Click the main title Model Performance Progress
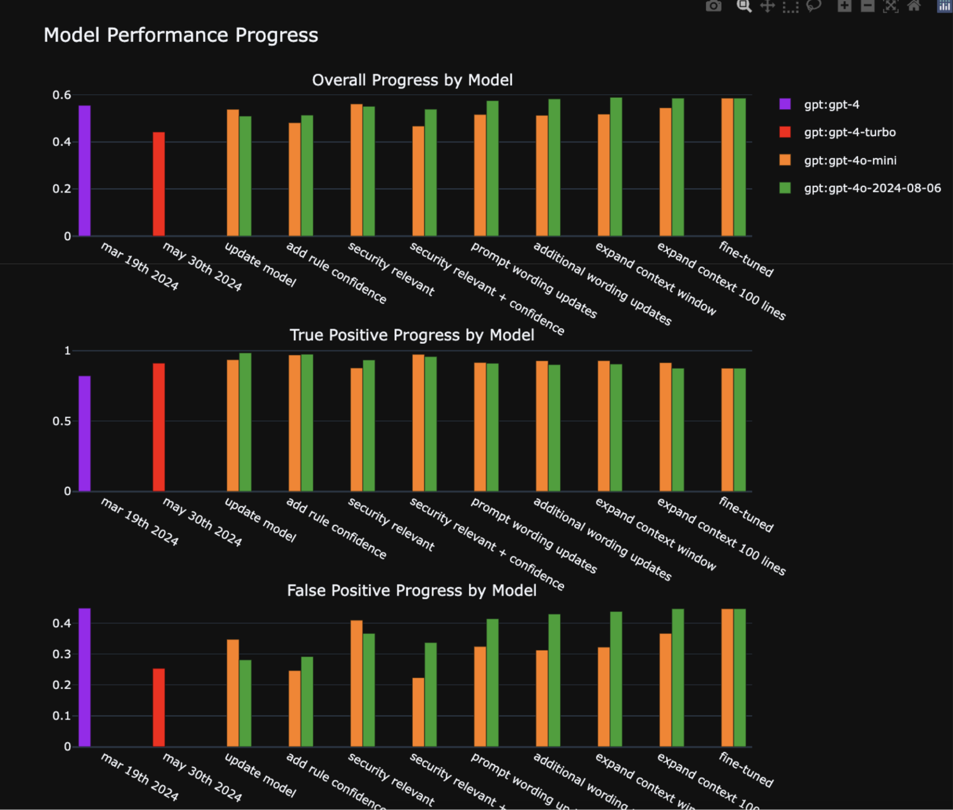(x=180, y=35)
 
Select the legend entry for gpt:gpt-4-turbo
(x=850, y=132)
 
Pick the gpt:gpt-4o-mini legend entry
(x=850, y=160)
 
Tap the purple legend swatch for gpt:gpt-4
(x=785, y=104)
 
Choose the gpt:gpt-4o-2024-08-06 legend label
(x=872, y=188)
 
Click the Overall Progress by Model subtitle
(x=412, y=80)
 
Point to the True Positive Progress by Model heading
(x=412, y=335)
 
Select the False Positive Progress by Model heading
(x=412, y=590)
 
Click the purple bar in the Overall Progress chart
(x=84, y=171)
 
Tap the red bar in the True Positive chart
(x=159, y=427)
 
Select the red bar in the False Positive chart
(x=159, y=707)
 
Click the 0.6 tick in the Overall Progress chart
(x=62, y=95)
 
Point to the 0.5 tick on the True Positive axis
(x=62, y=421)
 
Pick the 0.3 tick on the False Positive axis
(x=62, y=654)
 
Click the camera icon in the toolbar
(x=714, y=6)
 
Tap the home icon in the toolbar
(x=914, y=6)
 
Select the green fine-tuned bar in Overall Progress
(x=740, y=167)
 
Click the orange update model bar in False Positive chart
(x=233, y=693)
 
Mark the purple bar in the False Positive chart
(x=84, y=677)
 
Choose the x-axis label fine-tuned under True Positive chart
(x=746, y=514)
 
